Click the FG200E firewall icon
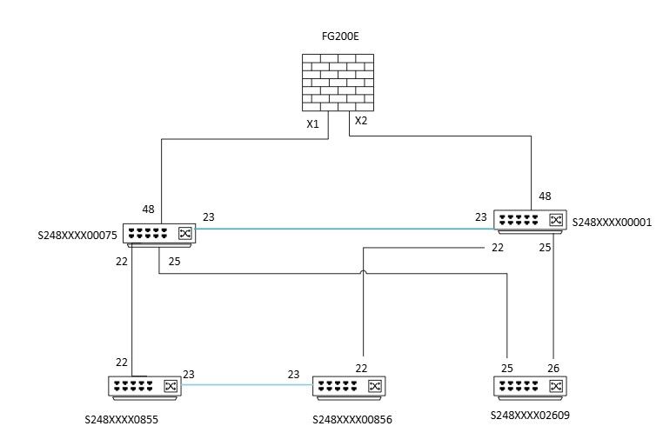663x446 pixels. [338, 83]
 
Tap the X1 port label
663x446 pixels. [313, 124]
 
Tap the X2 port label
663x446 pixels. [361, 121]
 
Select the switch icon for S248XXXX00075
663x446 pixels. [159, 233]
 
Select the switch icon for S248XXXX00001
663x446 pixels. [531, 221]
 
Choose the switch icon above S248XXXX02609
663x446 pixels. [531, 386]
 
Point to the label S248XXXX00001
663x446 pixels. [613, 223]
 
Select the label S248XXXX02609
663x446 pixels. [531, 416]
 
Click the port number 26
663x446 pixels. [552, 367]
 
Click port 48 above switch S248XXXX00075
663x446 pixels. [149, 209]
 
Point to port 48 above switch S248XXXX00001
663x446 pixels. [546, 196]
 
